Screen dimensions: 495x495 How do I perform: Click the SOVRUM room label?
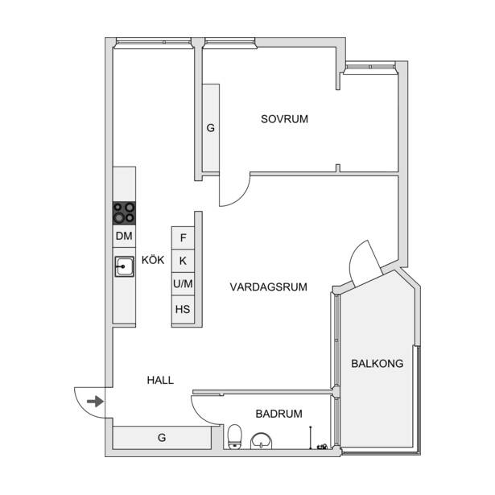(x=284, y=119)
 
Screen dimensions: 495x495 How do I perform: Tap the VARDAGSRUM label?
(x=268, y=287)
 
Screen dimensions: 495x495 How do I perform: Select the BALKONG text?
(x=377, y=363)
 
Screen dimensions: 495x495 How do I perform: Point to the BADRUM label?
(x=278, y=414)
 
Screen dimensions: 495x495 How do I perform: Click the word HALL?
(x=160, y=380)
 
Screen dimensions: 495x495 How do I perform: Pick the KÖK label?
(x=153, y=260)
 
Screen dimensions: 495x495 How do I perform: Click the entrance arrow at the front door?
(x=95, y=402)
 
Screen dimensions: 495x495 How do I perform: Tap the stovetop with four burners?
(x=124, y=213)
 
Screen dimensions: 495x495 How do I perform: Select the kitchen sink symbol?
(x=124, y=266)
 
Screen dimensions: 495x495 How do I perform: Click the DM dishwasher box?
(x=124, y=236)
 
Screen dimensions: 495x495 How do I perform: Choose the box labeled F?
(x=183, y=238)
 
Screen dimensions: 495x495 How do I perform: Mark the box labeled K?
(x=183, y=261)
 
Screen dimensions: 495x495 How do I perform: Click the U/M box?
(x=183, y=284)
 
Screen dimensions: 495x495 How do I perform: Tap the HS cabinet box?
(x=183, y=309)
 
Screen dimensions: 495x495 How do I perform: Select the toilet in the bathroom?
(x=234, y=436)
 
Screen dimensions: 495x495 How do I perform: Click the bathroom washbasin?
(x=261, y=441)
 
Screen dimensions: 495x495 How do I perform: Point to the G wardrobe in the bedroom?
(x=211, y=128)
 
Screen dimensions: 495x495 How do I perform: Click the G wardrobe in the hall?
(x=162, y=438)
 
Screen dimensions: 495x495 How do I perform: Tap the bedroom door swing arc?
(x=241, y=197)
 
